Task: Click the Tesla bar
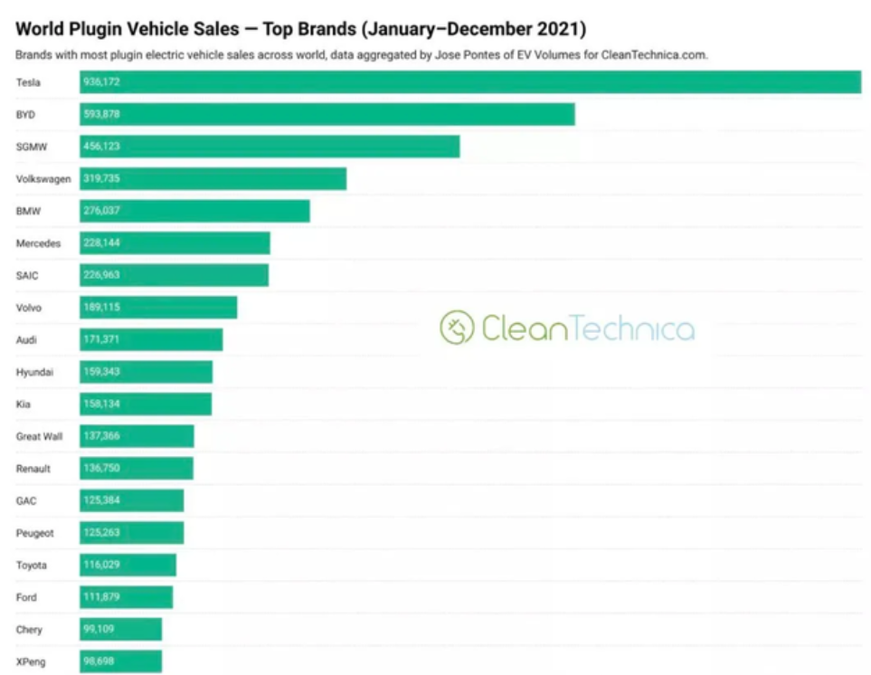(470, 82)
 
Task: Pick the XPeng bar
(121, 661)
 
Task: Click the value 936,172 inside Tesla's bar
(101, 82)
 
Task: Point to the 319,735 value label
(101, 179)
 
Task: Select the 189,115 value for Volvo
(101, 308)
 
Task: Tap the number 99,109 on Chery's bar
(99, 629)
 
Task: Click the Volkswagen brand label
(43, 179)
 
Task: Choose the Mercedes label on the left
(38, 243)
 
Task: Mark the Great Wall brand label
(39, 436)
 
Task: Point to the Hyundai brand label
(34, 372)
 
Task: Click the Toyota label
(32, 565)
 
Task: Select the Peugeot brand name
(34, 533)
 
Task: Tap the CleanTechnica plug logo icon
(457, 328)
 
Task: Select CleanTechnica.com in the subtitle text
(654, 55)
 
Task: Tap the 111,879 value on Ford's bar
(101, 597)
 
